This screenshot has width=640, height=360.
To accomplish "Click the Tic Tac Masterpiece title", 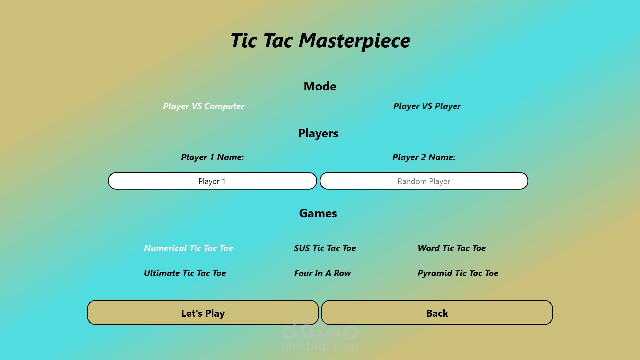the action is pyautogui.click(x=320, y=41).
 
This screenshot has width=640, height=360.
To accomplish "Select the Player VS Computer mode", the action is pyautogui.click(x=204, y=106).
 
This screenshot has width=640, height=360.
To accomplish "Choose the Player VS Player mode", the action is pyautogui.click(x=427, y=106).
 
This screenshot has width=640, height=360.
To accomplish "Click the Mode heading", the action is pyautogui.click(x=320, y=86).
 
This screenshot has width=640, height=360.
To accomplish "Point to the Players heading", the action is pyautogui.click(x=318, y=133).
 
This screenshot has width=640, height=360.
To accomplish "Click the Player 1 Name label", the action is pyautogui.click(x=212, y=157).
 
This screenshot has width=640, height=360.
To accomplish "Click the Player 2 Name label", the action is pyautogui.click(x=424, y=157).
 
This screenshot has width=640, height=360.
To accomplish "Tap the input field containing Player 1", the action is pyautogui.click(x=212, y=181).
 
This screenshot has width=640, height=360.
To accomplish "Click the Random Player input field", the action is pyautogui.click(x=424, y=181).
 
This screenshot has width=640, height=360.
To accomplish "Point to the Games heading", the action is pyautogui.click(x=318, y=213).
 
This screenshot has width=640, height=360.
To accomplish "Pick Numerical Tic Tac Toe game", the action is pyautogui.click(x=188, y=248).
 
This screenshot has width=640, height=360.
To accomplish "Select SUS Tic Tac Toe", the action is pyautogui.click(x=325, y=248).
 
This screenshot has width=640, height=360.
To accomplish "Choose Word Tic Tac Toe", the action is pyautogui.click(x=452, y=248).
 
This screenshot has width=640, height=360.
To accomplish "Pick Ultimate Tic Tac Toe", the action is pyautogui.click(x=185, y=273).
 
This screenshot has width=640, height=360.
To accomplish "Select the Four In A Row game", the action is pyautogui.click(x=322, y=273).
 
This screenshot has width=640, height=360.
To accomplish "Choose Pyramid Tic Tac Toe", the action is pyautogui.click(x=458, y=273).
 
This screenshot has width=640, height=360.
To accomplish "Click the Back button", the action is pyautogui.click(x=437, y=313).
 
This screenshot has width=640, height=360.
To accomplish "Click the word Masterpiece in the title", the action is pyautogui.click(x=354, y=41).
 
